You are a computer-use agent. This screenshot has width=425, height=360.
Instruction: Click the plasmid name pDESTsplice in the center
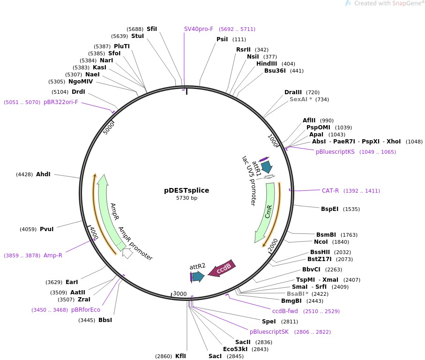pos(186,190)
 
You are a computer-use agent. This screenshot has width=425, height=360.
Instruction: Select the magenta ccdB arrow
pos(222,269)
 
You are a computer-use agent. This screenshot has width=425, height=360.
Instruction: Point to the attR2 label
pos(198,266)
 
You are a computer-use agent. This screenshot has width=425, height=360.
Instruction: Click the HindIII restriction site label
pos(267,64)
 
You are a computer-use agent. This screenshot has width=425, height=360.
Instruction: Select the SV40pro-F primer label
pos(199,29)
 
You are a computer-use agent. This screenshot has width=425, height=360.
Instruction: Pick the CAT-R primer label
pos(330,191)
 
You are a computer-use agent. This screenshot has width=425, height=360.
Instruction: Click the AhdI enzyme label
pos(43,174)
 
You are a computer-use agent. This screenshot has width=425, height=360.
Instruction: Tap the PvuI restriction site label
pos(47,229)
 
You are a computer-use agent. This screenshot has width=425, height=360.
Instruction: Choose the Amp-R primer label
pos(53,255)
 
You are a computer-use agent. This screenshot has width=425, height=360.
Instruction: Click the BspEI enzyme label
pos(329,209)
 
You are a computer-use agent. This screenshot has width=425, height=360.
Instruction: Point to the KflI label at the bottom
pos(180,356)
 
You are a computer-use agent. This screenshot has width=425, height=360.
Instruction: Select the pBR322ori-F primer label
pos(61,102)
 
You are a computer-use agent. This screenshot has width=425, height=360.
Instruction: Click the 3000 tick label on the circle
pos(180,294)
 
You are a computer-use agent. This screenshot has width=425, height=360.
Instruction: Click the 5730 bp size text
pos(186,198)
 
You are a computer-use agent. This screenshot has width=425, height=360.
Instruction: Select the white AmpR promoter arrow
pos(127,254)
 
